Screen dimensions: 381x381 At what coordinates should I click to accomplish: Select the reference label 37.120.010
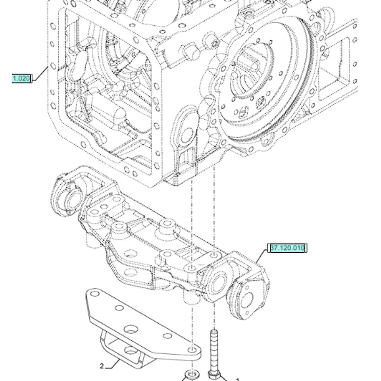[287, 248]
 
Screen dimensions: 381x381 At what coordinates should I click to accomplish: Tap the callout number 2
[102, 366]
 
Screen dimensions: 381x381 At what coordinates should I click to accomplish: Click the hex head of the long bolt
[214, 374]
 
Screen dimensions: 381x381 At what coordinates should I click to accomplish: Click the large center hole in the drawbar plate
[131, 330]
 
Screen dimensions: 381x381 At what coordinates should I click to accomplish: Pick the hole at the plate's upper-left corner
[94, 295]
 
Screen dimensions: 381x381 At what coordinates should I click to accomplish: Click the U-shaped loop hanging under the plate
[107, 345]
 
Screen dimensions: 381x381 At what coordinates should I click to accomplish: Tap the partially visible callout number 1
[237, 379]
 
